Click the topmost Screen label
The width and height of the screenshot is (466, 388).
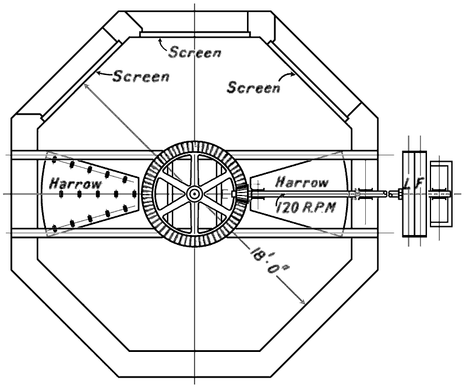tap(196, 52)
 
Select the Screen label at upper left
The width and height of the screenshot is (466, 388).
tap(140, 76)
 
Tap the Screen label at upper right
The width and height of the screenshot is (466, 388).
tap(253, 88)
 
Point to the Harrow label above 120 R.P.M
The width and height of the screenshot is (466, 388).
tap(301, 182)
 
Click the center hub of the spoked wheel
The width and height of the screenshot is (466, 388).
tap(193, 193)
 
